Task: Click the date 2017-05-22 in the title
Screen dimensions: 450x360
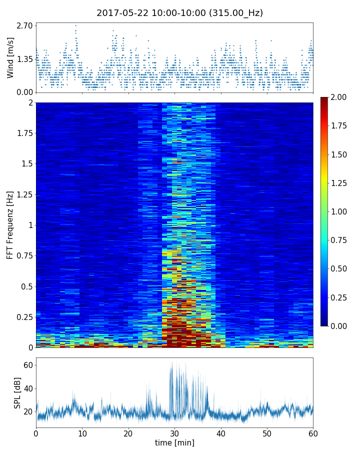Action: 122,13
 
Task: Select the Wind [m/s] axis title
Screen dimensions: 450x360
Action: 10,57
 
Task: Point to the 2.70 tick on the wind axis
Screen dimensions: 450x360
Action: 24,25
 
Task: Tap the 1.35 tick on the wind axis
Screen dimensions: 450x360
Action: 24,59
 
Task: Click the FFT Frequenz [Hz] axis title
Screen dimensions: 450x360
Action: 10,224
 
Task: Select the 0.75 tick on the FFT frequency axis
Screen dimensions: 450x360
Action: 24,256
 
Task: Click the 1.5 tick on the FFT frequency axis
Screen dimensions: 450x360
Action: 27,164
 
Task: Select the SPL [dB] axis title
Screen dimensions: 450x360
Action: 17,392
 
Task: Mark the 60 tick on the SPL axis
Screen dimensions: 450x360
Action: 28,365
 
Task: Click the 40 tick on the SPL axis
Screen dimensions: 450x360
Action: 28,388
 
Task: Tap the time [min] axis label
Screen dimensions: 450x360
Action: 174,442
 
